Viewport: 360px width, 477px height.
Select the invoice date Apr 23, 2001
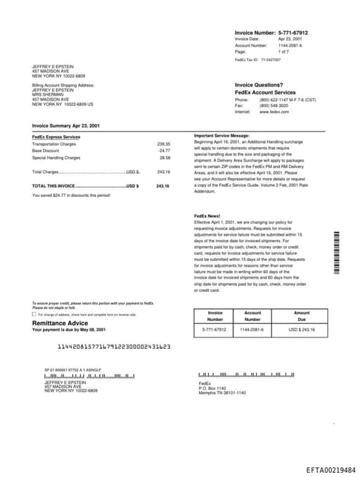point(290,39)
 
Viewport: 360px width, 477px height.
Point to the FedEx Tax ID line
point(257,61)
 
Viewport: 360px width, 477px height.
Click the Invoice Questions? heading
point(259,84)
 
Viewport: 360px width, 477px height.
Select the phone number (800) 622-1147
point(275,100)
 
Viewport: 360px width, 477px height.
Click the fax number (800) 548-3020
point(274,106)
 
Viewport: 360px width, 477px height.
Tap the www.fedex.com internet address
point(274,112)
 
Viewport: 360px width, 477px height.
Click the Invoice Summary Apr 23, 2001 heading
point(66,125)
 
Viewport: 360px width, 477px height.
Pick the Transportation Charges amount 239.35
point(163,144)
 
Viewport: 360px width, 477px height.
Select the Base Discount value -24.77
point(164,151)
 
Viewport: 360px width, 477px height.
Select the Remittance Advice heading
point(60,323)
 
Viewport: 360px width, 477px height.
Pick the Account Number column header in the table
point(252,316)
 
